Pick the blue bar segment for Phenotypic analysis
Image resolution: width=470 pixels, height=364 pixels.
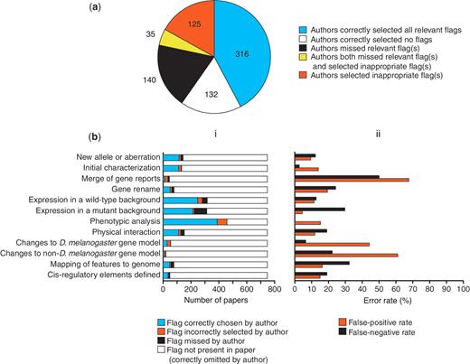190,221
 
